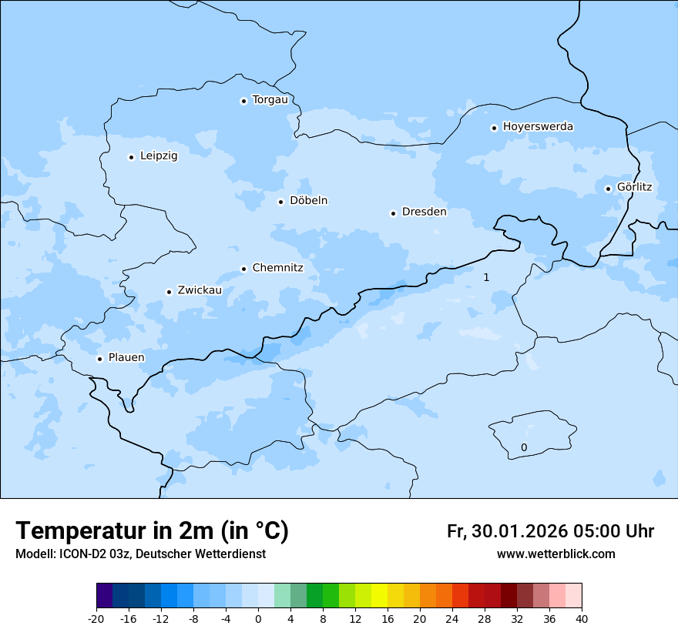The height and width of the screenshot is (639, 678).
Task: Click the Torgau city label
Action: (270, 100)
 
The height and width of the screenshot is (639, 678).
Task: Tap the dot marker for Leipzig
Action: (132, 157)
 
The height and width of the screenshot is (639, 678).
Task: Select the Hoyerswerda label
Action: (538, 126)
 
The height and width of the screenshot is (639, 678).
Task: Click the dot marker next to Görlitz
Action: (608, 189)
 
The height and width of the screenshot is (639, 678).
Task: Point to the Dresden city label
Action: (424, 212)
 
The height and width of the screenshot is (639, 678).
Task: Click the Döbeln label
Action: (308, 200)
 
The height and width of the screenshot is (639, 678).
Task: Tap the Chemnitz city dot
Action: (243, 269)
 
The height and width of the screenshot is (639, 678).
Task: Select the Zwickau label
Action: (200, 290)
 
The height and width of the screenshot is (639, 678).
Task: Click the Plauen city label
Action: (126, 357)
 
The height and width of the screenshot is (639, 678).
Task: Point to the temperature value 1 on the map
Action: (486, 277)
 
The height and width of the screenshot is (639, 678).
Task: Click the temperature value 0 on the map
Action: (524, 447)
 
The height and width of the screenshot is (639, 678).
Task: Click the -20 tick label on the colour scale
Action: (96, 618)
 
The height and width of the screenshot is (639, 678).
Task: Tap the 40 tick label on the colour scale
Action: (582, 618)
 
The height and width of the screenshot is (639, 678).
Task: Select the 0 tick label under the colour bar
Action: (258, 618)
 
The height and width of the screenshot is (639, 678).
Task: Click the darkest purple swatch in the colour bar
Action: (104, 596)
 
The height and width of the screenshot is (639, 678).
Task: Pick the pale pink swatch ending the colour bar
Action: (574, 596)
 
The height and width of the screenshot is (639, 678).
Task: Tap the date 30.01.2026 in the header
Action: (516, 531)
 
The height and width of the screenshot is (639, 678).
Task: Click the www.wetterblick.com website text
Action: (555, 554)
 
